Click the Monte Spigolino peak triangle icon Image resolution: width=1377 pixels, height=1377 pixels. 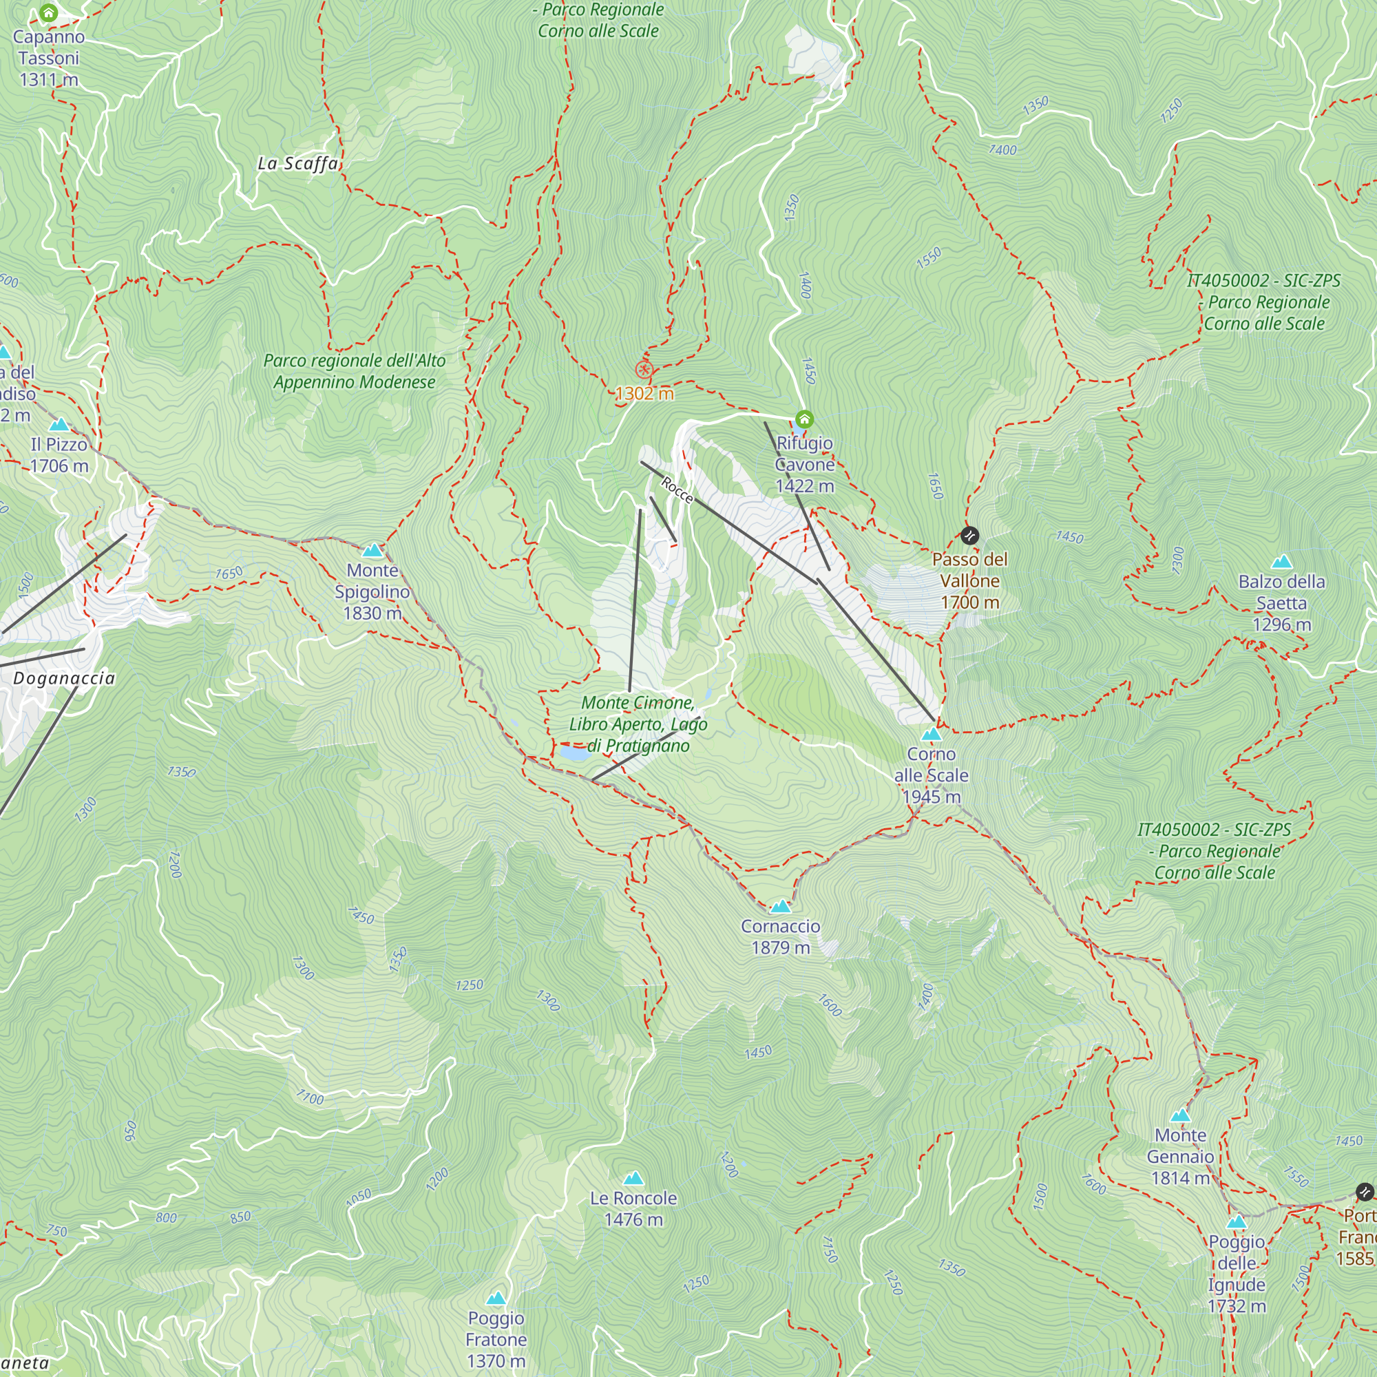[372, 550]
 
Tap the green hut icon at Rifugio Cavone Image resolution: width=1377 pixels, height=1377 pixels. [804, 419]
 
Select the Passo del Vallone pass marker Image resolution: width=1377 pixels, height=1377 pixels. [969, 535]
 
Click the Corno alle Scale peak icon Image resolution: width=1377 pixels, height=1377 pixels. [931, 734]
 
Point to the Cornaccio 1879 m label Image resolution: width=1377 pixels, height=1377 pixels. [781, 936]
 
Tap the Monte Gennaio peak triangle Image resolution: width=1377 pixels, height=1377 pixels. [1180, 1115]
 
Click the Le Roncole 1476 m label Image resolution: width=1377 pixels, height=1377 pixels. [633, 1209]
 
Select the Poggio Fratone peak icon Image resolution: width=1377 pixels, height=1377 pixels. [496, 1298]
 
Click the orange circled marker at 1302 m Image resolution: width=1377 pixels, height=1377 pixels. [644, 369]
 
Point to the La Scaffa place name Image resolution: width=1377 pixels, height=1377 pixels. [298, 164]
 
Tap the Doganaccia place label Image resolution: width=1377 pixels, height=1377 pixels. [64, 677]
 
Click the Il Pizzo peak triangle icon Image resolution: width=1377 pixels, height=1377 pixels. [59, 425]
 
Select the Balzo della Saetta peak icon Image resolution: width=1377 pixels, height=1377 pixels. [1281, 562]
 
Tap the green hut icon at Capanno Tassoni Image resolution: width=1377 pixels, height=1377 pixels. [48, 12]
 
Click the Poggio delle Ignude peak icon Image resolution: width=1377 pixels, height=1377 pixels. [1237, 1222]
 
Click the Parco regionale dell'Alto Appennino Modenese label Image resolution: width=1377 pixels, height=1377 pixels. [354, 371]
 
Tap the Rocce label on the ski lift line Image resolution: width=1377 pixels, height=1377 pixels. [676, 490]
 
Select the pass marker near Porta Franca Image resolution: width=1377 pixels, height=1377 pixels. [1363, 1192]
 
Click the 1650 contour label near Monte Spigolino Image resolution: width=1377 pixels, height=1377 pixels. [229, 573]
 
